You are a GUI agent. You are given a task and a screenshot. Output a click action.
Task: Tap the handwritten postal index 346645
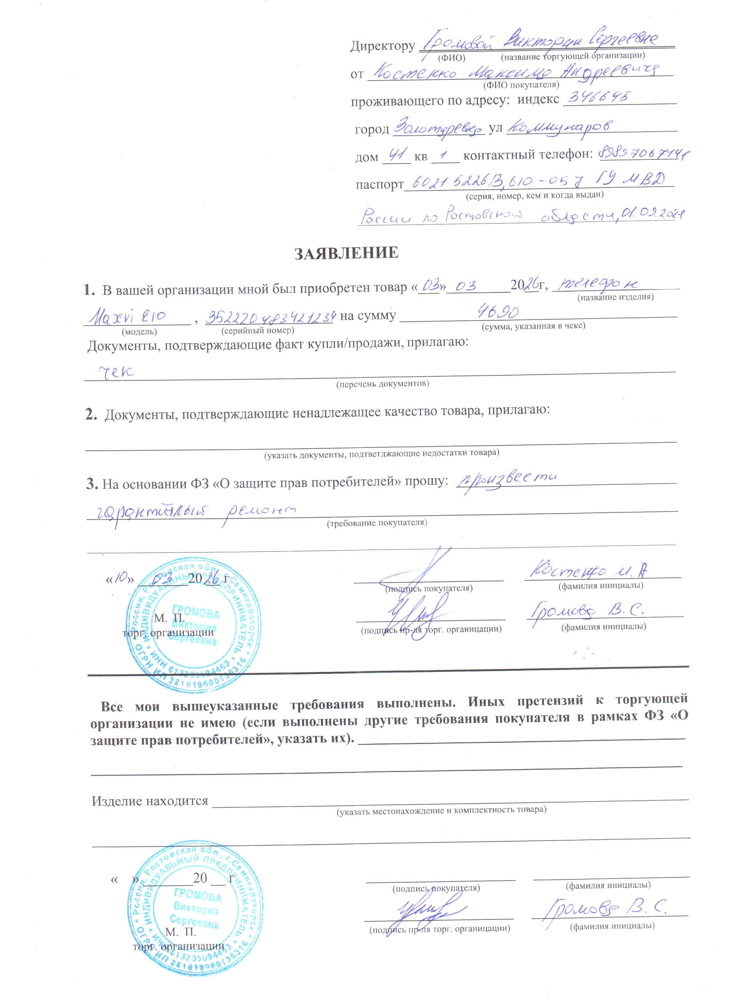tap(598, 97)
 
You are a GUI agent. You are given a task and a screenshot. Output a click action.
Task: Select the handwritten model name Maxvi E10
tap(128, 317)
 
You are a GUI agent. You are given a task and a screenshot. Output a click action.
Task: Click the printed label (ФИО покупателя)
tap(521, 85)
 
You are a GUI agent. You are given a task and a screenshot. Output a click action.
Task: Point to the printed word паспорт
tap(379, 184)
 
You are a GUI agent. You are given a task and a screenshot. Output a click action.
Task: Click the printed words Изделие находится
tap(150, 801)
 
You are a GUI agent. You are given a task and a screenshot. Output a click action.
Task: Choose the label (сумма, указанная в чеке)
tap(533, 326)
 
